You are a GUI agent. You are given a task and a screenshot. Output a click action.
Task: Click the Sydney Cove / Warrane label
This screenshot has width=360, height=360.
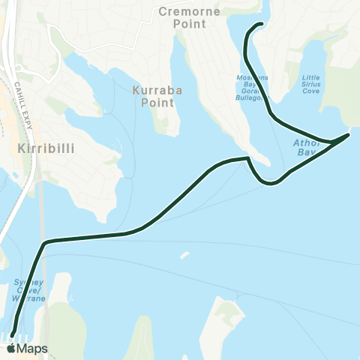click(x=30, y=290)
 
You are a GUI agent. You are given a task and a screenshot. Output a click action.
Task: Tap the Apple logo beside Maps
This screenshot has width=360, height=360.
click(x=10, y=349)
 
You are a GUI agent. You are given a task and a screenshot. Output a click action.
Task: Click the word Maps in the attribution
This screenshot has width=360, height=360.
click(x=32, y=349)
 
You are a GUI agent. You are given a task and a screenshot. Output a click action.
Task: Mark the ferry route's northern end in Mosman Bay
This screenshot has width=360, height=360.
click(x=259, y=25)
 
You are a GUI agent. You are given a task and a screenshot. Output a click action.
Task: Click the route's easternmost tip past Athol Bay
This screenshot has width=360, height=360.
click(x=348, y=136)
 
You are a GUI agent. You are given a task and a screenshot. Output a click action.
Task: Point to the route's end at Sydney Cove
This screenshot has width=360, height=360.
click(x=12, y=334)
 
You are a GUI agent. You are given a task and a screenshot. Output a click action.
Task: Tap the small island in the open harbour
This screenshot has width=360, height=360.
click(x=184, y=255)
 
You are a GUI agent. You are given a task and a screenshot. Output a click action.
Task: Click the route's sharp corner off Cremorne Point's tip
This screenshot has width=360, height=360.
click(x=247, y=158)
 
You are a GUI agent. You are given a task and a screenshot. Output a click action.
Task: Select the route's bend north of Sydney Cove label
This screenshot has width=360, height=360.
click(x=46, y=242)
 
